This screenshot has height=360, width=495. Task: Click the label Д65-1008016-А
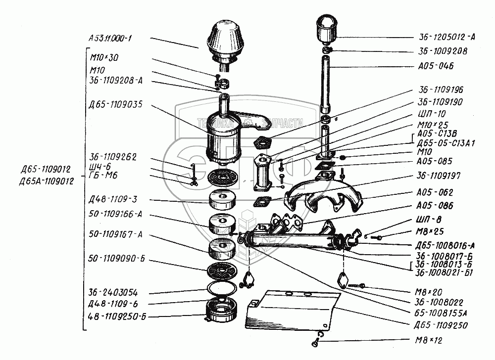445,244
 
